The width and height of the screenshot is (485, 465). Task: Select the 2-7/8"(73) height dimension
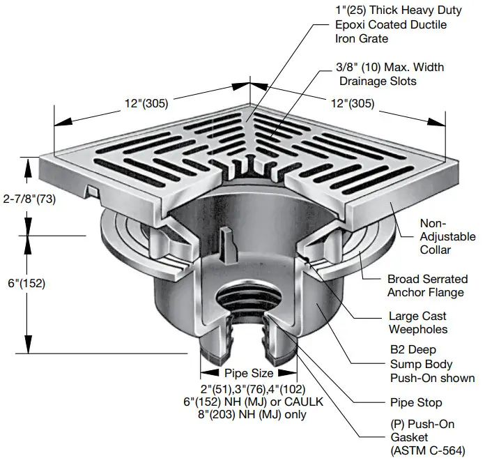[x=29, y=199]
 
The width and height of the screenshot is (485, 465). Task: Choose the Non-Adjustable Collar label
[x=446, y=236]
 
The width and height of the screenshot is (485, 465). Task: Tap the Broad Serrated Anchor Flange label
[x=427, y=286]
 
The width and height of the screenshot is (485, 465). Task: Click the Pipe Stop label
[x=415, y=403]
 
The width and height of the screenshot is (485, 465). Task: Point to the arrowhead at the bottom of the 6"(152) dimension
[x=27, y=349]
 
